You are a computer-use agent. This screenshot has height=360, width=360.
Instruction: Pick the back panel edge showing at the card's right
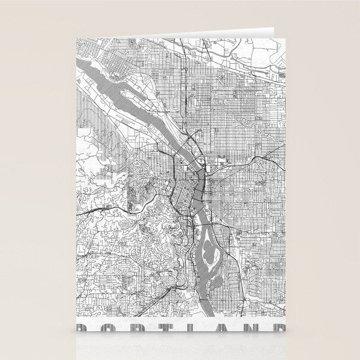pos(284,180)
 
